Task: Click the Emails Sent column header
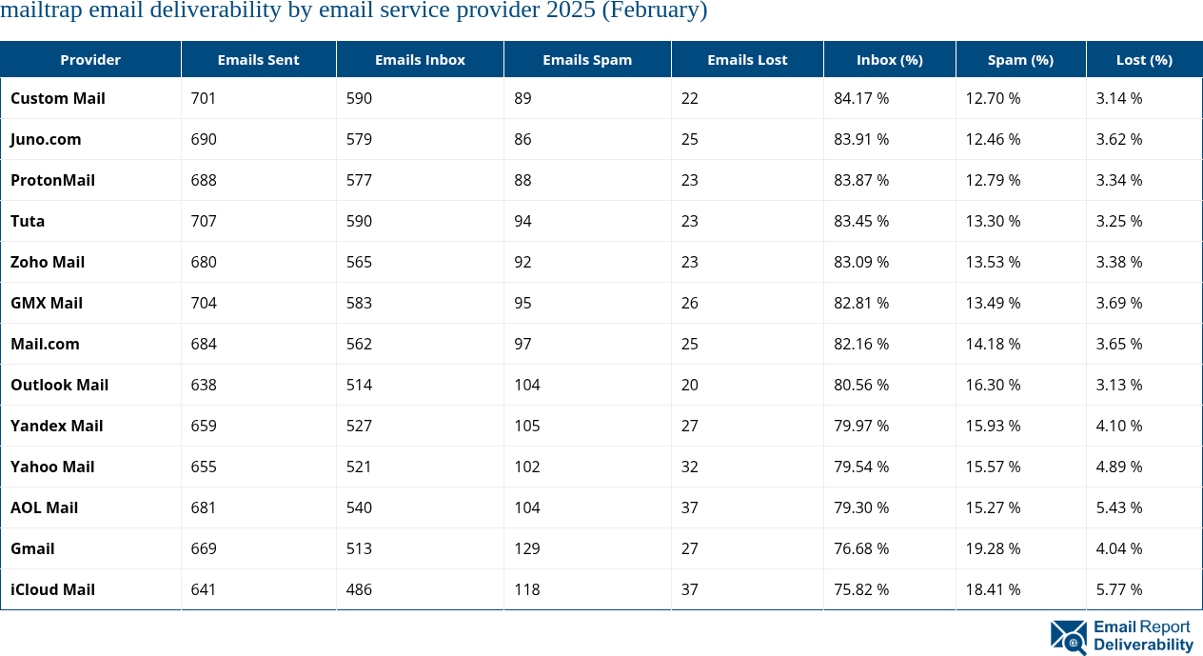[x=258, y=59]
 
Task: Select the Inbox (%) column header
[x=889, y=59]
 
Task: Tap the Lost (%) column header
[x=1144, y=59]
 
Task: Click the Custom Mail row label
[x=58, y=98]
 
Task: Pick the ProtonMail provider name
[x=53, y=180]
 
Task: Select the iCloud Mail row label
[x=53, y=589]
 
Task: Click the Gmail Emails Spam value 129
[x=526, y=548]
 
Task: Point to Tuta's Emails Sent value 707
[x=204, y=221]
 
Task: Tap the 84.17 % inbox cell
[x=861, y=98]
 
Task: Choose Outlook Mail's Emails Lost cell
[x=690, y=385]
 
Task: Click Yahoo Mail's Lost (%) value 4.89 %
[x=1119, y=467]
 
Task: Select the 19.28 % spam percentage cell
[x=993, y=548]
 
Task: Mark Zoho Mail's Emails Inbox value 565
[x=359, y=262]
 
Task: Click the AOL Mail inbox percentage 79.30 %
[x=861, y=507]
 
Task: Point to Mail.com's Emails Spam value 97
[x=523, y=344]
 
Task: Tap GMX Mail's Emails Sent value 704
[x=204, y=303]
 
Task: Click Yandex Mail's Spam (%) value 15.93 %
[x=993, y=426]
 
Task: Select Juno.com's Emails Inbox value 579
[x=359, y=139]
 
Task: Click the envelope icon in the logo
[x=1068, y=637]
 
